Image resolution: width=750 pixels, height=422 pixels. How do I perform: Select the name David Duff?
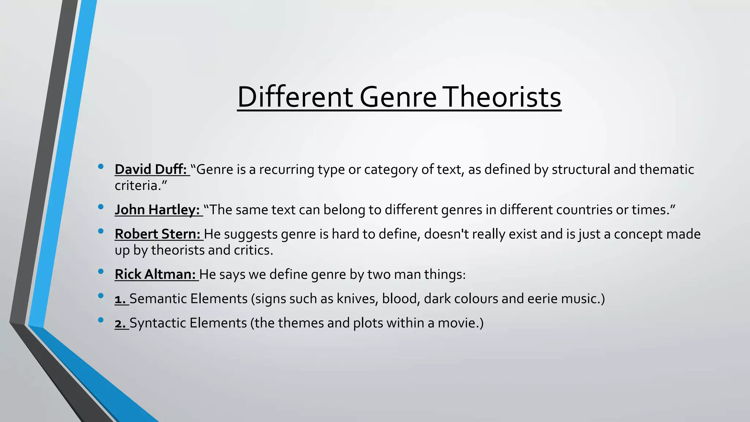[x=151, y=169]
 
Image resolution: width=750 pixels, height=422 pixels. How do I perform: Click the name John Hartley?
[x=157, y=210]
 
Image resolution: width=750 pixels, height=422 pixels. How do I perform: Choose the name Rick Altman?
[x=155, y=274]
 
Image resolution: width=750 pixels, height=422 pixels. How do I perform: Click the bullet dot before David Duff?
[x=101, y=167]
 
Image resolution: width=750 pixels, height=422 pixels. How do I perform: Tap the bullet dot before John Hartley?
[x=101, y=207]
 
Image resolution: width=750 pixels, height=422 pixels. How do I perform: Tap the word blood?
[x=400, y=299]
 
